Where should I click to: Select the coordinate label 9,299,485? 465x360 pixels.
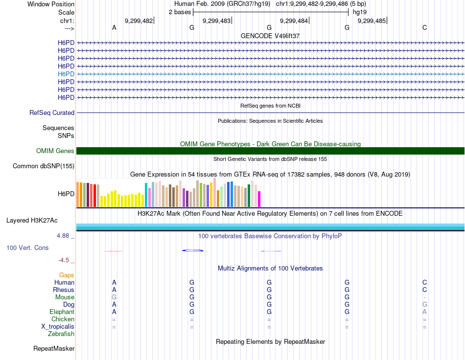tap(372, 21)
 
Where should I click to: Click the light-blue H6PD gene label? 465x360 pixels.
tap(66, 74)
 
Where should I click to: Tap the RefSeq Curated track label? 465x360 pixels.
tap(52, 113)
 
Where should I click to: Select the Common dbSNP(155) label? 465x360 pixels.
tap(44, 166)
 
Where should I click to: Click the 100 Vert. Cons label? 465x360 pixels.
tap(27, 248)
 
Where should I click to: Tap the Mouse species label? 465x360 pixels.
tap(65, 297)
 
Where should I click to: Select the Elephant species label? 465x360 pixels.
tap(62, 312)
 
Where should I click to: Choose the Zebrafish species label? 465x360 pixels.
tap(61, 334)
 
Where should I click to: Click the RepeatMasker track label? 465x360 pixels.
tap(54, 349)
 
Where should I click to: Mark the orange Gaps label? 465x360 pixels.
tap(67, 275)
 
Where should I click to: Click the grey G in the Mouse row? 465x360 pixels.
tap(114, 297)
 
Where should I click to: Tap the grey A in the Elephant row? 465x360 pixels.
tap(424, 312)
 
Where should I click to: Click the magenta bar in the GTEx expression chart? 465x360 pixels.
tap(259, 199)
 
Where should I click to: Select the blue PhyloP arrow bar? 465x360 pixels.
tap(192, 250)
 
